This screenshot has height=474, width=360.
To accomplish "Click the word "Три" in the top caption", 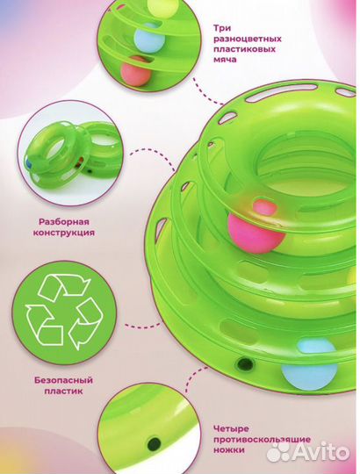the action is [x=222, y=28].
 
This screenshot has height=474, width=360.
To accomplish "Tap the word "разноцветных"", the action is [x=248, y=39].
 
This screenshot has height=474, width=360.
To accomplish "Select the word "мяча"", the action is [x=225, y=60].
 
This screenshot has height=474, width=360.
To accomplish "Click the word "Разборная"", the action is [x=64, y=222].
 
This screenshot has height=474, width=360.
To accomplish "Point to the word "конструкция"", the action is [x=63, y=233].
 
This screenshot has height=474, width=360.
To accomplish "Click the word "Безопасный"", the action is [x=63, y=380].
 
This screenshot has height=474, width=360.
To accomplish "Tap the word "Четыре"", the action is [x=231, y=429].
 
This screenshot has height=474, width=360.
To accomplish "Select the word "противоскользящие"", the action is [x=262, y=439].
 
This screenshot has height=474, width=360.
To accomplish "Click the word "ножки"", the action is [x=229, y=449].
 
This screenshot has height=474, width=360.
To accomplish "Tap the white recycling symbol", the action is [x=64, y=311].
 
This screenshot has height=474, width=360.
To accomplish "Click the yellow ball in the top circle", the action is [x=162, y=8].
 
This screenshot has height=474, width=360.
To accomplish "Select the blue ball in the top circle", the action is [x=149, y=38].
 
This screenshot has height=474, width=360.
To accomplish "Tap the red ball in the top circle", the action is [x=135, y=71].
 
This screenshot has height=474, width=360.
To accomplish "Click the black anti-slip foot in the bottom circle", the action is [x=154, y=444].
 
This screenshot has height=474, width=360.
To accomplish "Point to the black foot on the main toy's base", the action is [x=245, y=363].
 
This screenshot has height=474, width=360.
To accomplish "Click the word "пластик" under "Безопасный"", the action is [x=63, y=391].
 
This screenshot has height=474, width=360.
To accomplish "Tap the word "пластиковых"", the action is [x=244, y=49].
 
